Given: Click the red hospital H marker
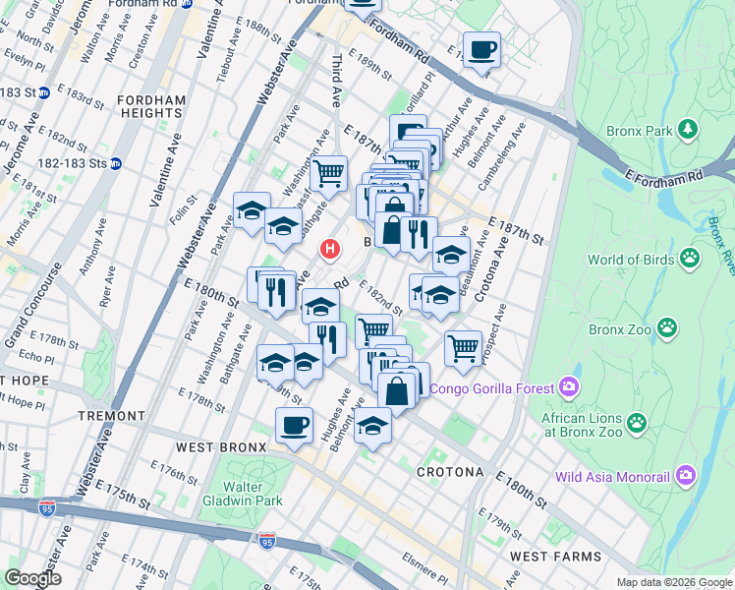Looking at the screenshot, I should point(330,250).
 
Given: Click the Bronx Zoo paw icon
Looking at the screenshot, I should point(668,327).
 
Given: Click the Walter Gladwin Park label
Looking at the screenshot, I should point(242,494).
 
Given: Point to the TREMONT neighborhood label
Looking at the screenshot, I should point(111,416).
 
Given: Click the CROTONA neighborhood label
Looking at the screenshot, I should point(449,472).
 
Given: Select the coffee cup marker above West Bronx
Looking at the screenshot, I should point(294,425).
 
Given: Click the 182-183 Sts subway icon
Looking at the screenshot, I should point(115,163).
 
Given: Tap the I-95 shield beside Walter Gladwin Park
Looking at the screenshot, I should point(267,541).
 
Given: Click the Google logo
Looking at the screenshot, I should point(33,578).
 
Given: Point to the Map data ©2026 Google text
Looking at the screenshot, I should point(673,582).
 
